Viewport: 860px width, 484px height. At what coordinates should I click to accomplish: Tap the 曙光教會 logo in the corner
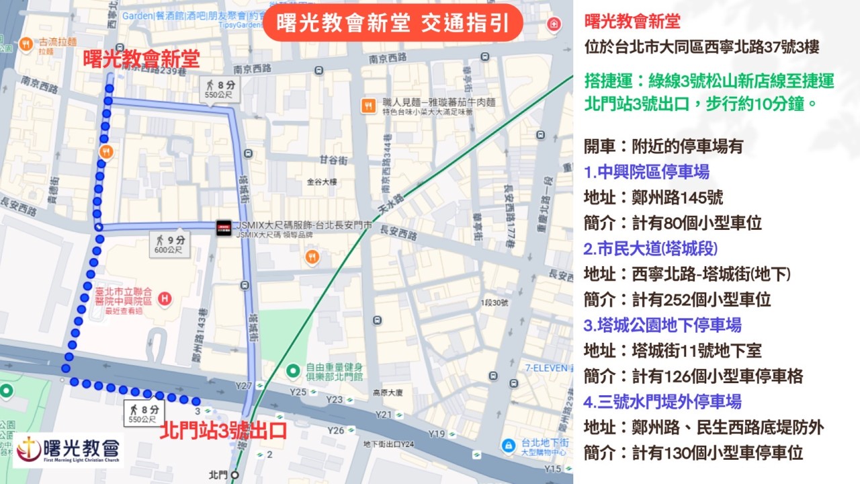(68, 449)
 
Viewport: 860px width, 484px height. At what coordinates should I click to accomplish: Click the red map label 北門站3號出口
(223, 431)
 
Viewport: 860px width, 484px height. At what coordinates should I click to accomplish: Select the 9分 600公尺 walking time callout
(169, 244)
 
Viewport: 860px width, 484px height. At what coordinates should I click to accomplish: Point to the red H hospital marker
(164, 297)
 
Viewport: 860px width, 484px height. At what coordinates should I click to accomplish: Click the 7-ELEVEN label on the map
(548, 368)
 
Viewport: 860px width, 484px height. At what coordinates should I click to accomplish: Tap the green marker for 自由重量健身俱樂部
(292, 370)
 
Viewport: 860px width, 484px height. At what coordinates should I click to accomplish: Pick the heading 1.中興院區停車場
(646, 172)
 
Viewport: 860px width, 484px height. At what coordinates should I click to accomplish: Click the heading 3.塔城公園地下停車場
(662, 325)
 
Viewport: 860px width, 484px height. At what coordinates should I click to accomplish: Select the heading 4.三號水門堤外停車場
(662, 402)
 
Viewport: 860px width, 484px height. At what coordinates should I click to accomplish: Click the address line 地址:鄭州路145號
(653, 198)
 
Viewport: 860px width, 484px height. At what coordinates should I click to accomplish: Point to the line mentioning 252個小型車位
(677, 300)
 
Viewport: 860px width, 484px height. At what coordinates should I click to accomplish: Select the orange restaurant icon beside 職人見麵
(368, 105)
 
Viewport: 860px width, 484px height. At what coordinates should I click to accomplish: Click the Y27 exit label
(243, 386)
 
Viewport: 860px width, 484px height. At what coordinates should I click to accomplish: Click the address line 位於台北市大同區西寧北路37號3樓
(701, 48)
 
